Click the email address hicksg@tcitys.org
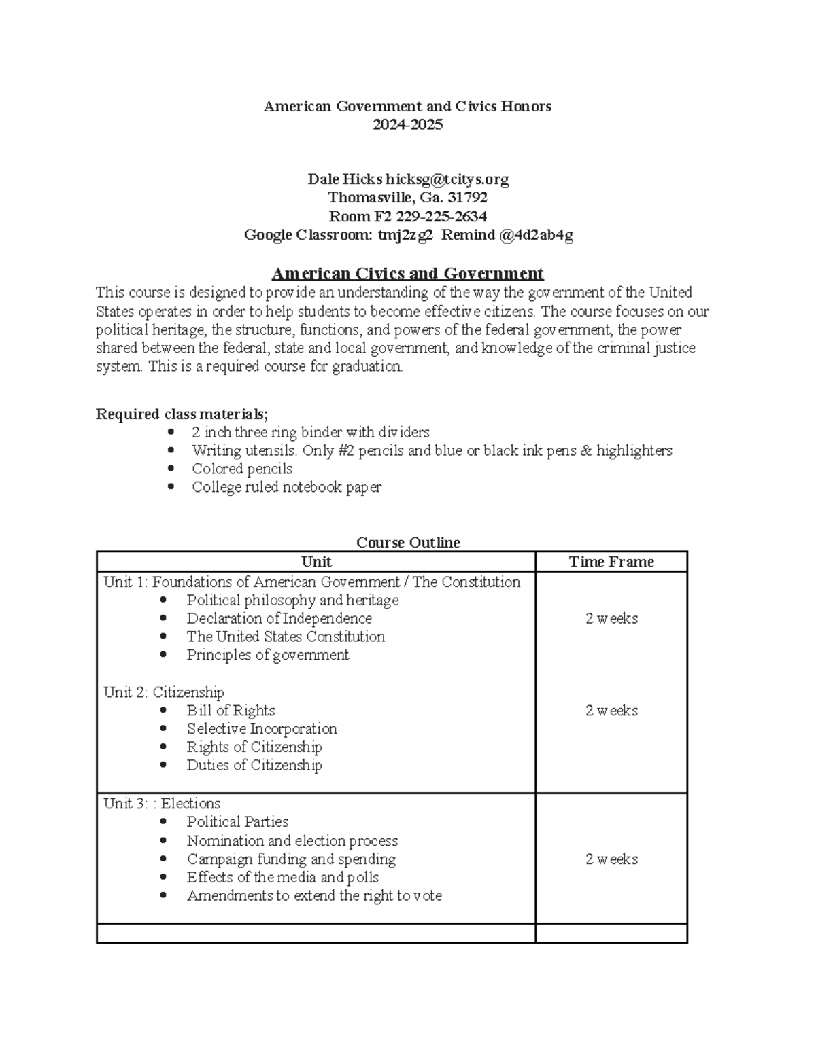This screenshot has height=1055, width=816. coord(447,179)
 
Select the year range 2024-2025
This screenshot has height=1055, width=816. coord(407,124)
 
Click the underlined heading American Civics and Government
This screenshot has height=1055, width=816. coord(407,274)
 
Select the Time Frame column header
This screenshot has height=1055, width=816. coord(611,562)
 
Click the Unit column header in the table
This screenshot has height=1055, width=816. coord(316,562)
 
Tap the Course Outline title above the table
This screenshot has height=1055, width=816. coord(408,542)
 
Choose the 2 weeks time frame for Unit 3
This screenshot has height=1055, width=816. coord(611,859)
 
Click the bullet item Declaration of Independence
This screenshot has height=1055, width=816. coord(279,619)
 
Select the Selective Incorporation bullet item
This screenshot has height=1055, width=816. coord(262,729)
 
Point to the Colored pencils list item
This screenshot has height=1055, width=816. coord(242,469)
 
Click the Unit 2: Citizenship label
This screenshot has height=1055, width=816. coord(164,692)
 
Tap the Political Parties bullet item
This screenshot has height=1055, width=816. coord(237,822)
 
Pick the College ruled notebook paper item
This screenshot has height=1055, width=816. coord(286,487)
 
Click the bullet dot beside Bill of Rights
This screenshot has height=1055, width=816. coord(163,711)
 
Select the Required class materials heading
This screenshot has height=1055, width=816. coord(182,414)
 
